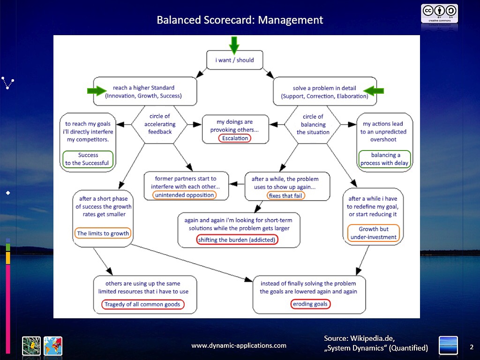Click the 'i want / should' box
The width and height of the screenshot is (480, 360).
(234, 60)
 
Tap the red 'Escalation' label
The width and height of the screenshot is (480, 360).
(235, 138)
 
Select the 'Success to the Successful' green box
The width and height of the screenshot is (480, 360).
(88, 159)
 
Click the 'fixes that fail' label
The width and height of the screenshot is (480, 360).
(285, 195)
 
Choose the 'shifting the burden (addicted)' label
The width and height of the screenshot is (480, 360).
(237, 240)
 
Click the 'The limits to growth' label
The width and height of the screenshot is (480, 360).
(103, 233)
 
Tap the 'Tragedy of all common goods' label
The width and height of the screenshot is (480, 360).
(142, 304)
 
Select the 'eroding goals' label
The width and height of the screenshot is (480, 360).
(310, 304)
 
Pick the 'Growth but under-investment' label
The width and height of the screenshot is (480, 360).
(374, 233)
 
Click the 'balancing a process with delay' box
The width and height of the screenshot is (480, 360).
(384, 159)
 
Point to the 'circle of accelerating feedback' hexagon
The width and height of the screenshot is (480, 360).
(160, 124)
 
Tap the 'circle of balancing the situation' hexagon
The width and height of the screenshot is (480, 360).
(313, 124)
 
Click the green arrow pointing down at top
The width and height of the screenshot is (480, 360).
(234, 45)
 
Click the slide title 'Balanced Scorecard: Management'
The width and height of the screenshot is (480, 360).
(240, 20)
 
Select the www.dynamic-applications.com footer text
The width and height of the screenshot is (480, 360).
(239, 345)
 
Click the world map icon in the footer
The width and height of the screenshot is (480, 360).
(52, 345)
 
